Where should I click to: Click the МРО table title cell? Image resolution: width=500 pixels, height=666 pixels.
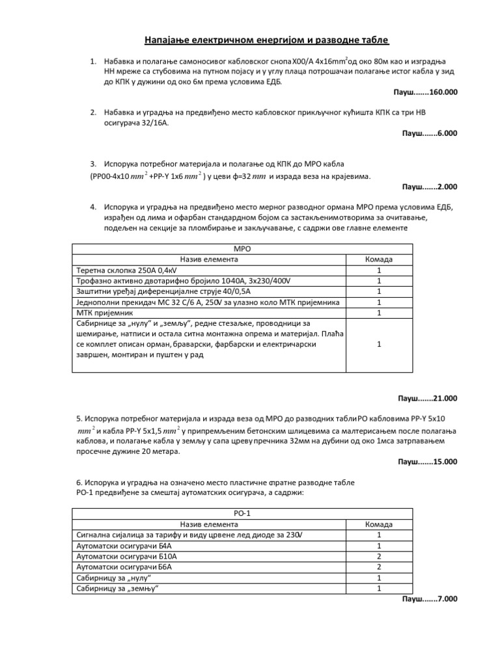(x=242, y=249)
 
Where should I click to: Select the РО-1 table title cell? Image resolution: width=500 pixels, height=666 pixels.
(x=242, y=514)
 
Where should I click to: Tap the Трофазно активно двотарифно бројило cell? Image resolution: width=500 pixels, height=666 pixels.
(x=162, y=280)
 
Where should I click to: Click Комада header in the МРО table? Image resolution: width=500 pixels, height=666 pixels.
(x=379, y=260)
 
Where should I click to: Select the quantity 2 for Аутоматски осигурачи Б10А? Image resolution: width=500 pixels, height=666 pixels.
(x=379, y=557)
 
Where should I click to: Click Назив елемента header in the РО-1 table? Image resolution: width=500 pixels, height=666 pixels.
(x=209, y=524)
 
